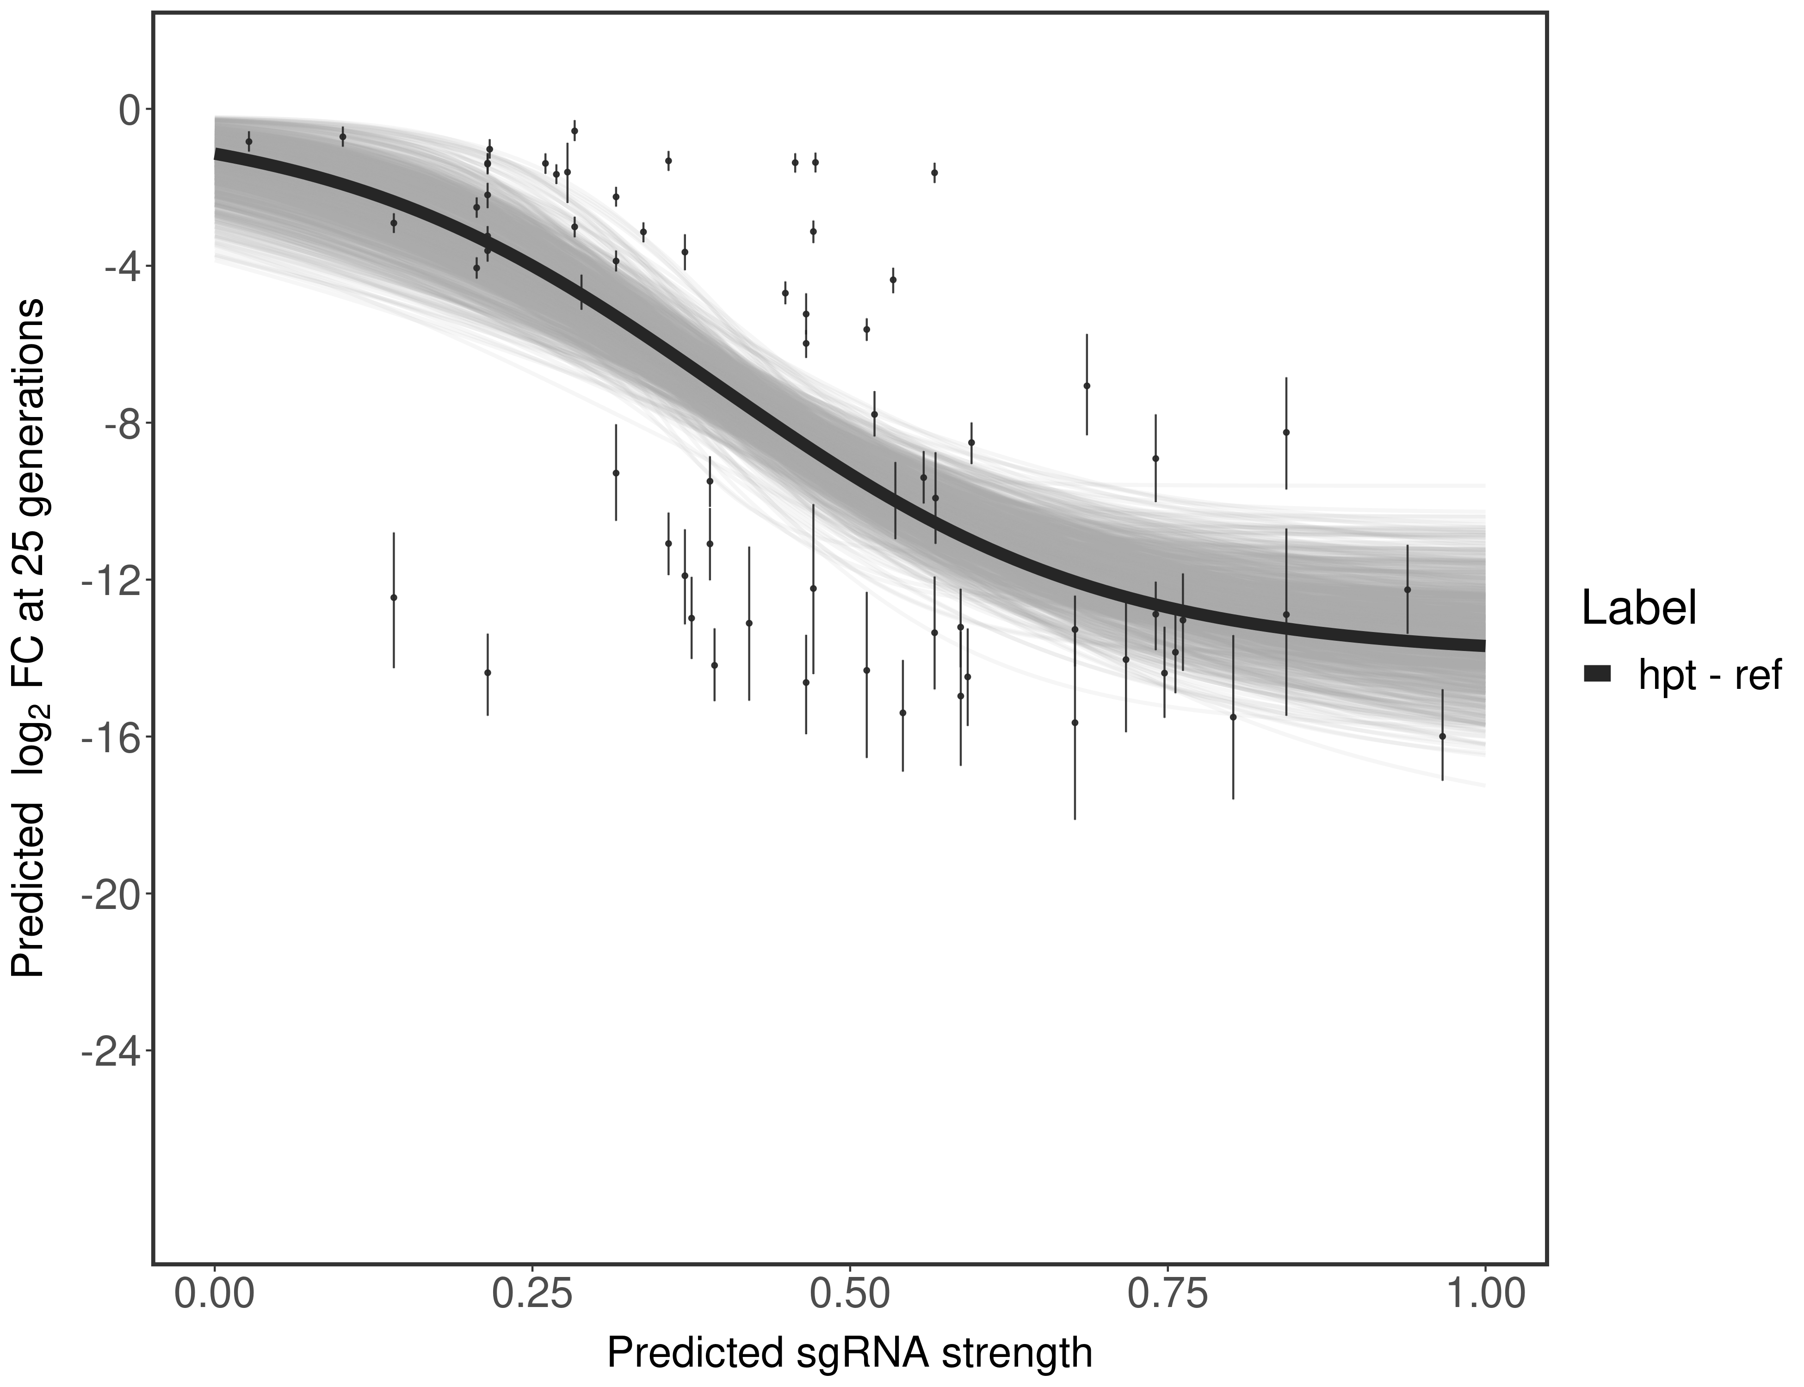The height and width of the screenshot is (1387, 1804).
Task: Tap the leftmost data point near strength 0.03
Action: [249, 142]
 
